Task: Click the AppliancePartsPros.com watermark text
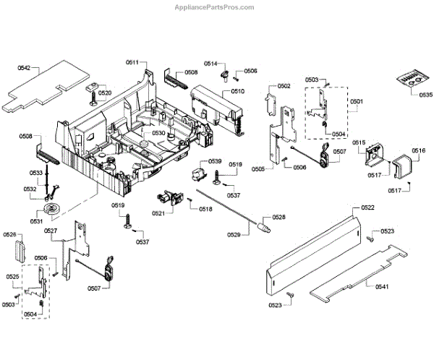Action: (216, 7)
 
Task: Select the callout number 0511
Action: (132, 63)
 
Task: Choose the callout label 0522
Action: (368, 207)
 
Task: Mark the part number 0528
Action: (278, 217)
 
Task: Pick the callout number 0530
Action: (158, 134)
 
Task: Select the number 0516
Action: (418, 150)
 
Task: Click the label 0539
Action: (215, 160)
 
